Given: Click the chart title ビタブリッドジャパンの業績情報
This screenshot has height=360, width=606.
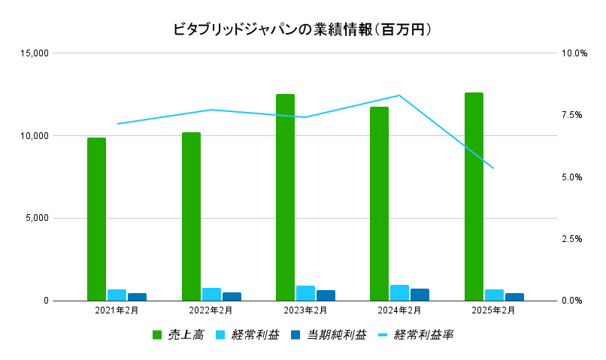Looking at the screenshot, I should coord(302,29).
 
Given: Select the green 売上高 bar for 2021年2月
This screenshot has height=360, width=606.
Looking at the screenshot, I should coord(96,219).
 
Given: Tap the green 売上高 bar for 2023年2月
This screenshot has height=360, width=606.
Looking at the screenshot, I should coord(285,197).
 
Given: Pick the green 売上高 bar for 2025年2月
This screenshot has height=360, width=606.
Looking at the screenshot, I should coord(474,196).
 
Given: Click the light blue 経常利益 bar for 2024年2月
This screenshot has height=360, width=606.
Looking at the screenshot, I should coord(399,292).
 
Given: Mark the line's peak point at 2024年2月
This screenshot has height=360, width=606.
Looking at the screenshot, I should coord(399,95).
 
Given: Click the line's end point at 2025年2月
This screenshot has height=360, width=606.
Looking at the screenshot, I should coord(493,168).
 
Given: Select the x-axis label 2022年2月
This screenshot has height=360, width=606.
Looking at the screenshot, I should coord(211,310).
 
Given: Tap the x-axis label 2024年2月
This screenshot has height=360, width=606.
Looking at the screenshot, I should coord(399,310).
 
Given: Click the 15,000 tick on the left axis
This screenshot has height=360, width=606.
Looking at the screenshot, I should coord(35,53).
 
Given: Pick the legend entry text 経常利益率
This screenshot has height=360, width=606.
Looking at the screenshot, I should coord(424,334).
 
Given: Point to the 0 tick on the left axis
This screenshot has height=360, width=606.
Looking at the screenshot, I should coord(45,301).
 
